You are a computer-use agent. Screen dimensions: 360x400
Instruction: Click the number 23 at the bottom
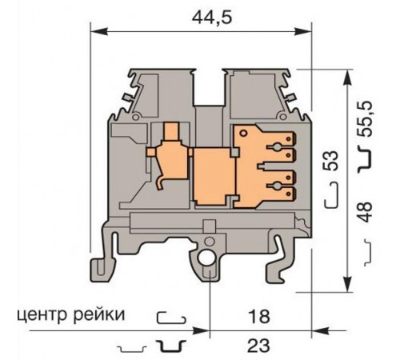[258, 346]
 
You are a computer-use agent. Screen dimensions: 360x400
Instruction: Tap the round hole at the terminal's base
[209, 258]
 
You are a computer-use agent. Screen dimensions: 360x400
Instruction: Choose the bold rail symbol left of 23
[171, 346]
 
